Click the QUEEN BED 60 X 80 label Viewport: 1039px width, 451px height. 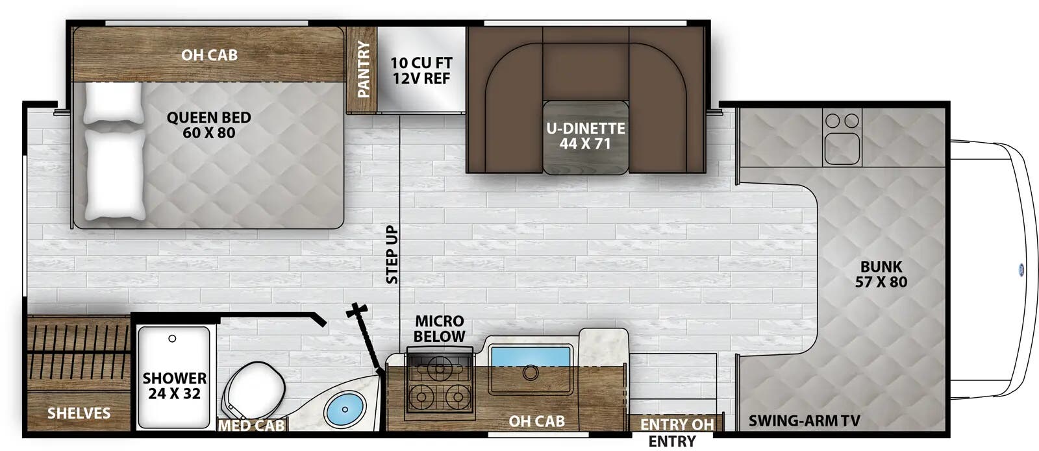[x=208, y=125]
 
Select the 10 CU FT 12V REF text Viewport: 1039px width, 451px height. [x=421, y=71]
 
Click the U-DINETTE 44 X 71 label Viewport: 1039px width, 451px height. [x=585, y=136]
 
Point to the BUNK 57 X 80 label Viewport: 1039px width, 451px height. [x=881, y=274]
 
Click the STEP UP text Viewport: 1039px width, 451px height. [x=392, y=254]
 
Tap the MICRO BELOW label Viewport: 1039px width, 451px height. [x=439, y=328]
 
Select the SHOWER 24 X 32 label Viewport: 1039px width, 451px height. [x=174, y=385]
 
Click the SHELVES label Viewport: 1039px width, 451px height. [x=79, y=413]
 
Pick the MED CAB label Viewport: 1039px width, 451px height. [x=251, y=426]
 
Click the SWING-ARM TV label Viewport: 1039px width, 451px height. [x=804, y=421]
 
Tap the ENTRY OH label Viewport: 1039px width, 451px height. [x=677, y=424]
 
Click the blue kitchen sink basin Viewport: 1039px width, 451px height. [x=530, y=358]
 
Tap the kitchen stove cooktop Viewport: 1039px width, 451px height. [x=439, y=383]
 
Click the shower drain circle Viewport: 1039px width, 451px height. [x=172, y=339]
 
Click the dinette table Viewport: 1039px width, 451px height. [x=586, y=138]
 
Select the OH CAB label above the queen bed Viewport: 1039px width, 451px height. [x=209, y=55]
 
